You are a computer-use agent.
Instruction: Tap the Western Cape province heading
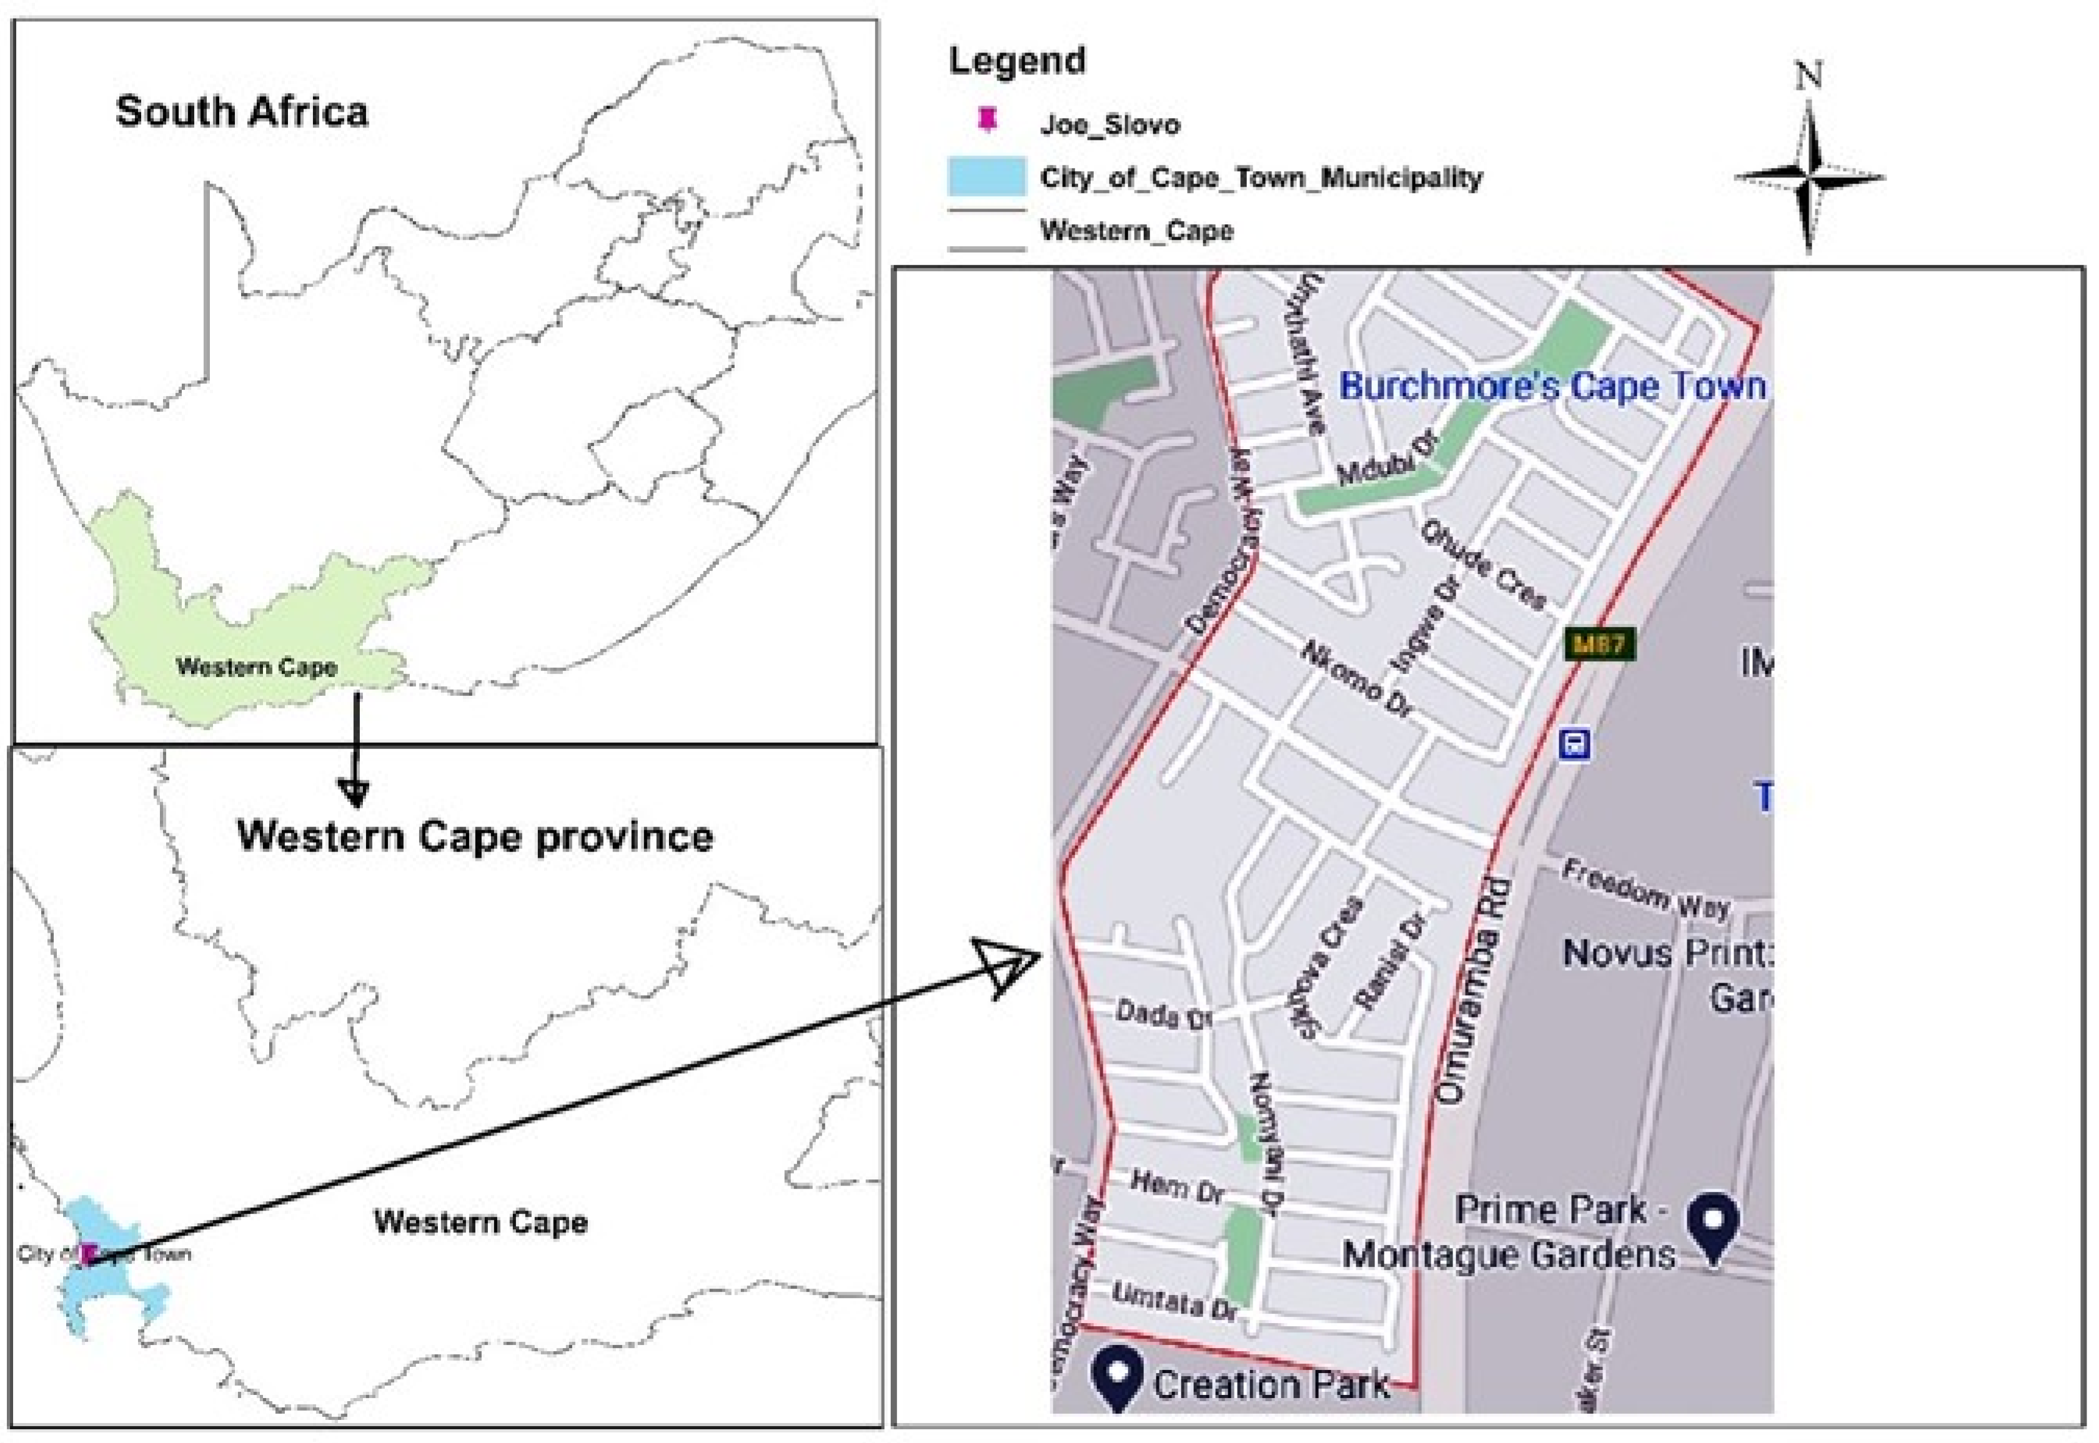click(475, 836)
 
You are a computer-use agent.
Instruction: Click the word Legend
click(1017, 61)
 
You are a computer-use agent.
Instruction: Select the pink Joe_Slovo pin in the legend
click(987, 120)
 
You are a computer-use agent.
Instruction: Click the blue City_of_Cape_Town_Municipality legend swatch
click(986, 176)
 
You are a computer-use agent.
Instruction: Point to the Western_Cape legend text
click(1136, 231)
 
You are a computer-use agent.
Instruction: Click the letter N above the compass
click(1809, 76)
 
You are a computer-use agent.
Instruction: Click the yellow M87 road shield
click(1600, 644)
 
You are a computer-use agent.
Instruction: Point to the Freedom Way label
click(1645, 891)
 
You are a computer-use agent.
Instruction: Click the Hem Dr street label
click(1177, 1186)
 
